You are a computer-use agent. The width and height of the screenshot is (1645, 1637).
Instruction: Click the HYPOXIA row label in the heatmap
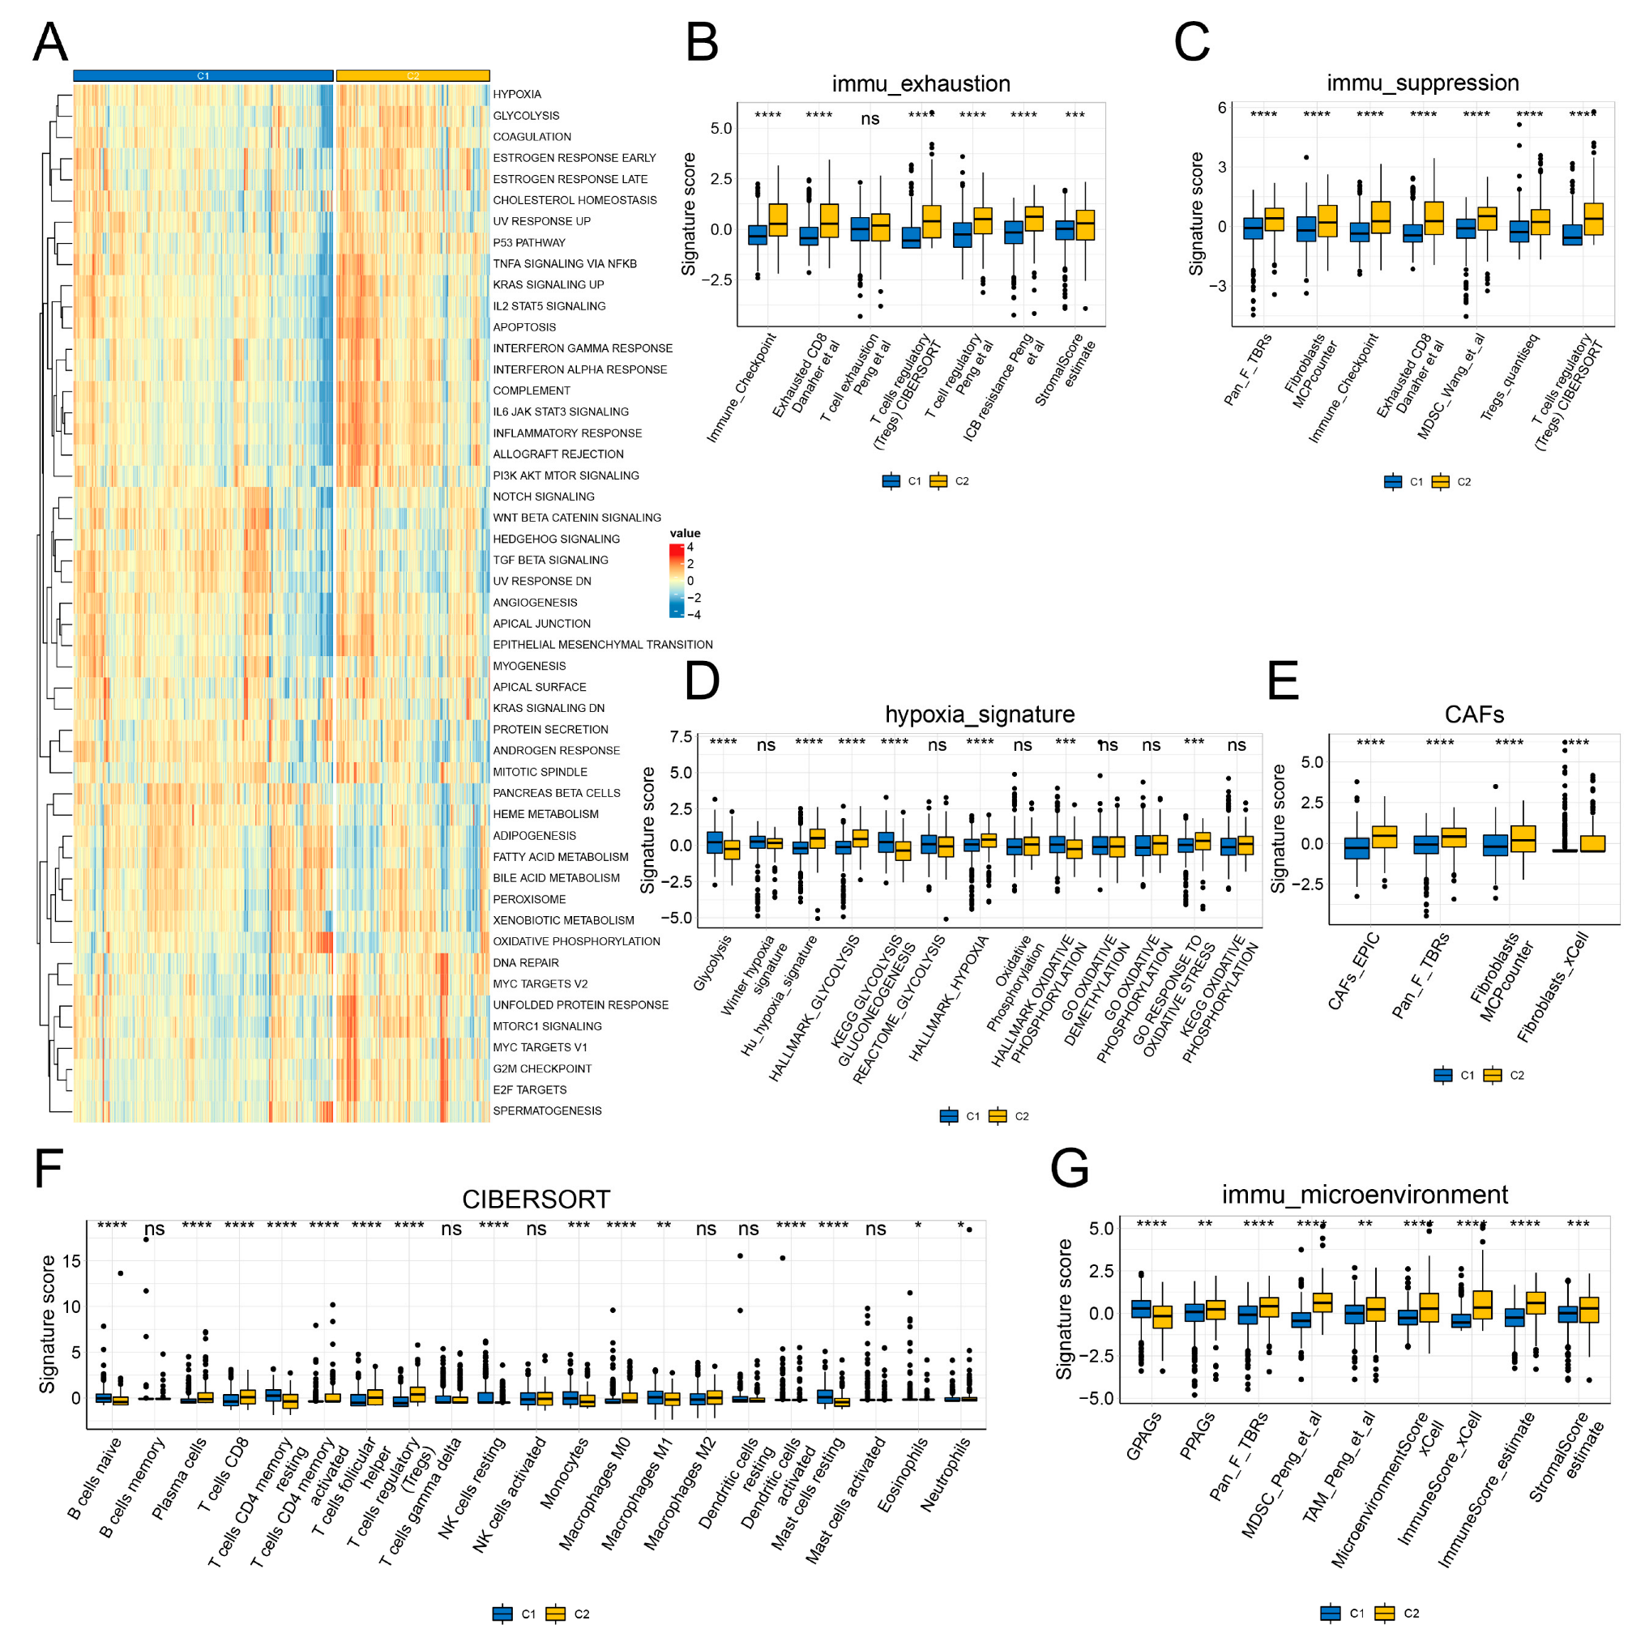click(516, 95)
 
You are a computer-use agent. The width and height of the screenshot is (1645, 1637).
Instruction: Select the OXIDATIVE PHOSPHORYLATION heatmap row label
click(575, 941)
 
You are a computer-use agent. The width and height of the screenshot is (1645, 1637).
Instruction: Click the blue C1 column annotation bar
click(203, 76)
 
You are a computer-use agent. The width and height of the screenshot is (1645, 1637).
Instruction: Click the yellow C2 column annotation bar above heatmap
click(412, 76)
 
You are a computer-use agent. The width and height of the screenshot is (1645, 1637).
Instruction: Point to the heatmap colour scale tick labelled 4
click(690, 548)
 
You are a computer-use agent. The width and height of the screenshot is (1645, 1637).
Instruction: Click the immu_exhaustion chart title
click(921, 83)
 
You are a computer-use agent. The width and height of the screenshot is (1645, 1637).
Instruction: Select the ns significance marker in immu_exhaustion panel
click(869, 119)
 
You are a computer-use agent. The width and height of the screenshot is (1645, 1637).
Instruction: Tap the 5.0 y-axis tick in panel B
click(720, 129)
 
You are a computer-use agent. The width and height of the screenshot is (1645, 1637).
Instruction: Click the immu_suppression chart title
click(1422, 83)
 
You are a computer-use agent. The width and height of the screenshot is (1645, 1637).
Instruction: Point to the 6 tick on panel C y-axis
click(1221, 108)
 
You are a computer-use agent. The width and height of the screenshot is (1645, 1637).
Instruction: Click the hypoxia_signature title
click(979, 714)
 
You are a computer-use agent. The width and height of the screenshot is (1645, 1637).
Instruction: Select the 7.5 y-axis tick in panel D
click(681, 737)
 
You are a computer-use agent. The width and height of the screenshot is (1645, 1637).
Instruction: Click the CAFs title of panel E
click(1474, 714)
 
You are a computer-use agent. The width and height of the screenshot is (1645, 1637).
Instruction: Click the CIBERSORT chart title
click(536, 1200)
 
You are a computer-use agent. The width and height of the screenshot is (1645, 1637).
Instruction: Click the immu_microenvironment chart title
click(1364, 1194)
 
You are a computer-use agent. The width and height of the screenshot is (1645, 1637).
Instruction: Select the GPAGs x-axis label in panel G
click(1143, 1437)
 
